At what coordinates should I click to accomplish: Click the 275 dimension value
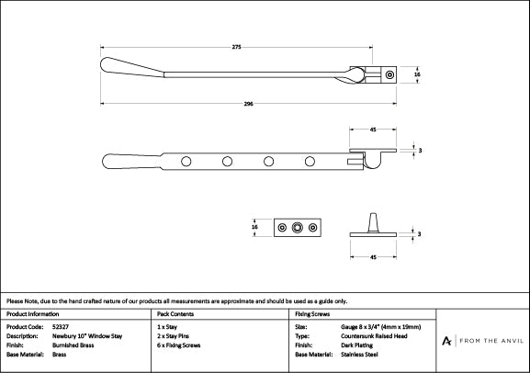(x=237, y=47)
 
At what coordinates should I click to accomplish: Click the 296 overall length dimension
(x=248, y=104)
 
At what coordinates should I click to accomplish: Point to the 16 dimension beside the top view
(x=417, y=74)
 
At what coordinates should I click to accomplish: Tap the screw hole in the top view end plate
(x=389, y=74)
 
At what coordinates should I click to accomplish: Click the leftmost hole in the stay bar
(x=186, y=162)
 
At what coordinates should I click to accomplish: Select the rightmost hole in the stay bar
(x=310, y=162)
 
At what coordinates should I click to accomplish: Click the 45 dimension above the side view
(x=373, y=130)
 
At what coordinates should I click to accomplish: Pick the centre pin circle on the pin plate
(x=297, y=228)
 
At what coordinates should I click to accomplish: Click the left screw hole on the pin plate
(x=282, y=228)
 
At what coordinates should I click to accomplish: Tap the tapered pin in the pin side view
(x=373, y=223)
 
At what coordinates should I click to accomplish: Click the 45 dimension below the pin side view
(x=373, y=257)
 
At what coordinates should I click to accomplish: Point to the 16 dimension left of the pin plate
(x=254, y=227)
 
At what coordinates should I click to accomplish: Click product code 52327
(x=61, y=327)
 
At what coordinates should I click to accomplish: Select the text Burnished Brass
(x=73, y=345)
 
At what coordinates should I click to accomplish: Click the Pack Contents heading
(x=175, y=314)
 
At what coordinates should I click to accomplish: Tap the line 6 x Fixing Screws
(x=179, y=345)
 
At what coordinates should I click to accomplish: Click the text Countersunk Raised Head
(x=374, y=336)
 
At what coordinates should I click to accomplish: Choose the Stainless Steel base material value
(x=359, y=355)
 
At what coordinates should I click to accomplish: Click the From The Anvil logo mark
(x=446, y=341)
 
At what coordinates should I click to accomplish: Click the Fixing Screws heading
(x=312, y=314)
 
